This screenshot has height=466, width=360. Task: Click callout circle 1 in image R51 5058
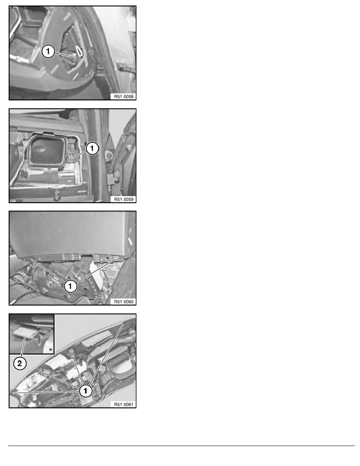48,52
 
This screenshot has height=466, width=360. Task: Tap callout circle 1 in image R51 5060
70,287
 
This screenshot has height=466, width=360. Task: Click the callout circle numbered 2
20,364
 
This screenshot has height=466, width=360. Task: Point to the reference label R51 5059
123,199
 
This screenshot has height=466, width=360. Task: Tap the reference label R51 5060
123,301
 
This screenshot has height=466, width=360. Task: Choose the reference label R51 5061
123,404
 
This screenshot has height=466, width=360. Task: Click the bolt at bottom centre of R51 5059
57,195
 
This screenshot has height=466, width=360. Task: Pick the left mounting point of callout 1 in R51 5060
31,259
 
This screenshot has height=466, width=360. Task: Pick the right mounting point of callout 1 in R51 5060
115,258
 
